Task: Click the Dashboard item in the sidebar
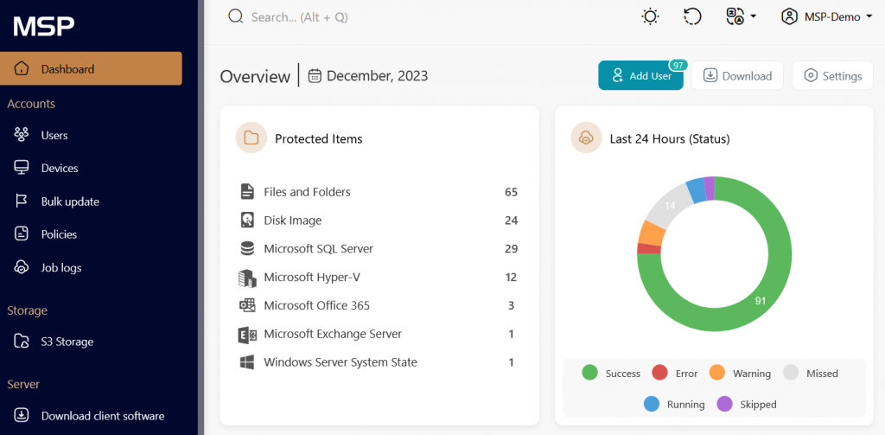click(91, 69)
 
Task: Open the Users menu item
click(54, 136)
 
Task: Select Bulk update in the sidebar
click(69, 202)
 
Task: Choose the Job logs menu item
click(60, 268)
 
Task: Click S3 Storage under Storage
click(67, 342)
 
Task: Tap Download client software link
click(102, 416)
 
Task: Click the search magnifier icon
click(235, 16)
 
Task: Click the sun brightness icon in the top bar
click(650, 16)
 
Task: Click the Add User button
click(640, 76)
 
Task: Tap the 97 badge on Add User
click(678, 65)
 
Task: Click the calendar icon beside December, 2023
click(315, 76)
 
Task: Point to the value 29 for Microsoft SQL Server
click(511, 249)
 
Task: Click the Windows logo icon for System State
click(247, 362)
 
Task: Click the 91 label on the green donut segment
click(761, 302)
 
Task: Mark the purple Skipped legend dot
click(724, 404)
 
